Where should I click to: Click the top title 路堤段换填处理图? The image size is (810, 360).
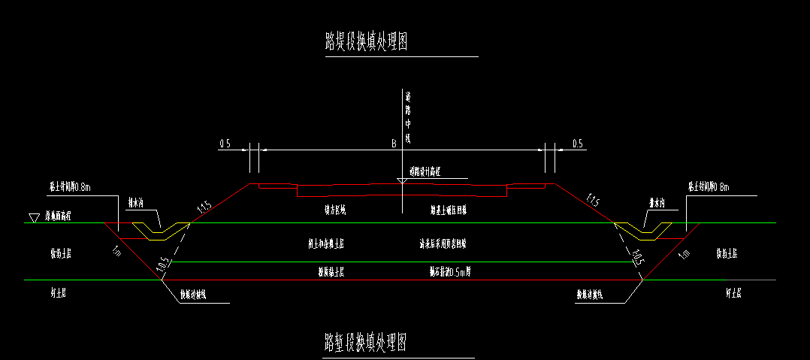(366, 42)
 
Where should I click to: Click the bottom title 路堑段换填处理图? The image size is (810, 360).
(366, 343)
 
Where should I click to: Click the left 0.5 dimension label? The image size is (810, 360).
(225, 144)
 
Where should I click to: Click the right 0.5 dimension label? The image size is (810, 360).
(577, 144)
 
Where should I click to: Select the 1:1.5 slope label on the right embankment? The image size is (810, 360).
(593, 201)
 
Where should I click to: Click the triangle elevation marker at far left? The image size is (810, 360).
(33, 218)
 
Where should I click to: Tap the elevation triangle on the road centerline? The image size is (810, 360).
(402, 181)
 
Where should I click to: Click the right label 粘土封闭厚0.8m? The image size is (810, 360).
(709, 186)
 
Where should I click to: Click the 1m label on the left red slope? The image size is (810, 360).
(116, 250)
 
